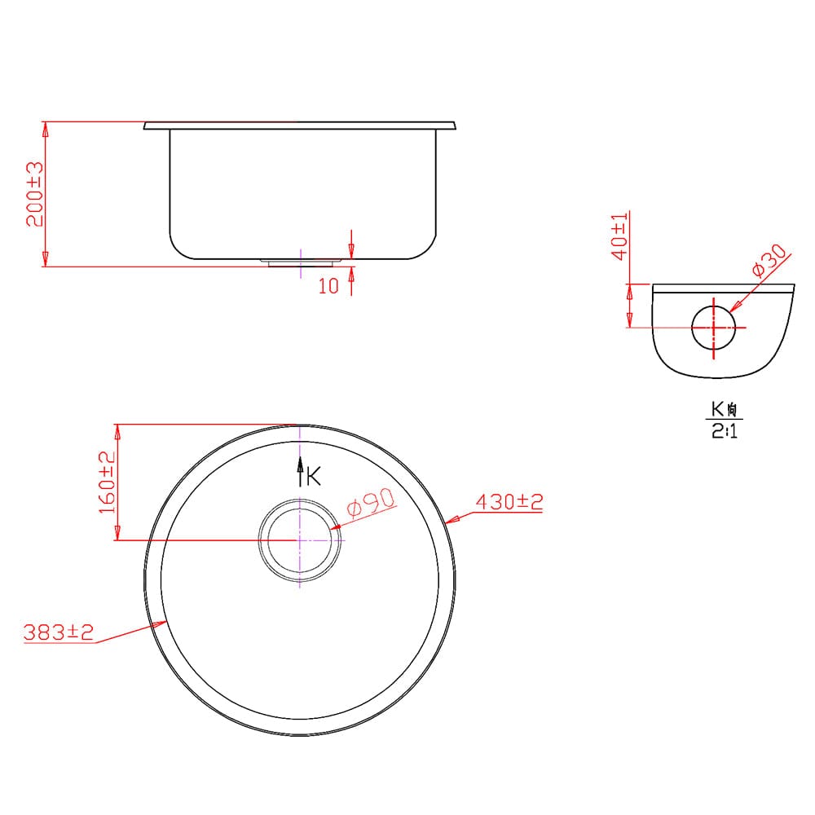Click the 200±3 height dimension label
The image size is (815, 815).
[35, 194]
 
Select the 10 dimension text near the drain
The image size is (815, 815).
[328, 286]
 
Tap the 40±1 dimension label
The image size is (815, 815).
[619, 236]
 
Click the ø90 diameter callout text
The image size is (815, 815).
[371, 503]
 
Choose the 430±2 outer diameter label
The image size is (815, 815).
[509, 501]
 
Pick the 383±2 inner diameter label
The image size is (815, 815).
[58, 632]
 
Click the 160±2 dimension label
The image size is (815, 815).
[107, 482]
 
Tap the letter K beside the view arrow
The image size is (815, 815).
[314, 476]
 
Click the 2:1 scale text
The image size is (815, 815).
[724, 430]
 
